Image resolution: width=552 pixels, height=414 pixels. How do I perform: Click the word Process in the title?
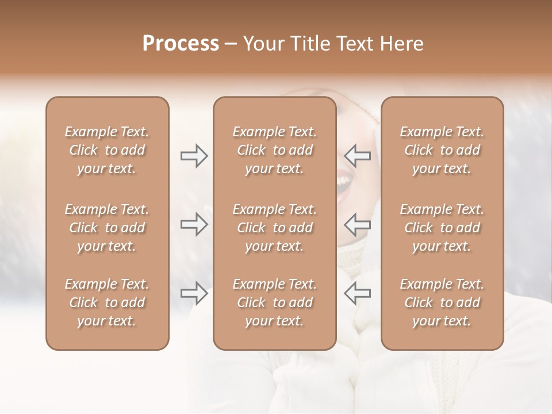click(x=181, y=44)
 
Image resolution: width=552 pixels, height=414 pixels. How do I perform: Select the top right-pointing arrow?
click(x=194, y=156)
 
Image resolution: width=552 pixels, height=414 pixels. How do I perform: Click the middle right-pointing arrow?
click(x=194, y=224)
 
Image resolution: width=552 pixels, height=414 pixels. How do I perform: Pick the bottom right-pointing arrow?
click(x=194, y=293)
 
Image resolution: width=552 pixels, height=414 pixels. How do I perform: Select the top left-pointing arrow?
click(x=357, y=156)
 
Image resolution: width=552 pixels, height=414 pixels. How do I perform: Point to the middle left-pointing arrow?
click(x=357, y=224)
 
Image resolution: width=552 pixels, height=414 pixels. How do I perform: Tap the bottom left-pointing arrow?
click(x=357, y=293)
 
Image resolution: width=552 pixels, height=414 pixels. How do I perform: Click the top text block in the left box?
click(x=107, y=150)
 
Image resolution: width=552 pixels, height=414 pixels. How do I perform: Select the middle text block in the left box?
click(x=107, y=228)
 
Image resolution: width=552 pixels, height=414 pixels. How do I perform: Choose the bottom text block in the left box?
click(x=107, y=302)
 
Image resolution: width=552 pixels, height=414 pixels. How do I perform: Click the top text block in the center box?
click(x=274, y=150)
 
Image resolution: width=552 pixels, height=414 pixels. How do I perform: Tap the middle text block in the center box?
click(x=274, y=228)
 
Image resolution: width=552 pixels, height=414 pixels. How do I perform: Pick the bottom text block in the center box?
click(x=274, y=302)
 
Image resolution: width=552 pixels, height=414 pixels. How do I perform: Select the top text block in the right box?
click(x=442, y=150)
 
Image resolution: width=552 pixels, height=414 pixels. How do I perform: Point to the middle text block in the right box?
click(x=442, y=228)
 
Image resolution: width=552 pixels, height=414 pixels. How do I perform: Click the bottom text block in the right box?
click(x=442, y=302)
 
